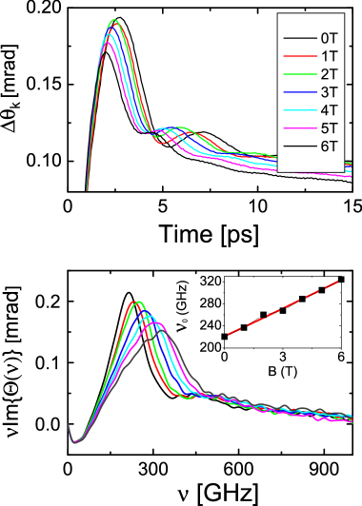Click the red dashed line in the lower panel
(x=283, y=307)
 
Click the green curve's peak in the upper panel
(x=115, y=20)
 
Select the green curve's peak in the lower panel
(x=139, y=302)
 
